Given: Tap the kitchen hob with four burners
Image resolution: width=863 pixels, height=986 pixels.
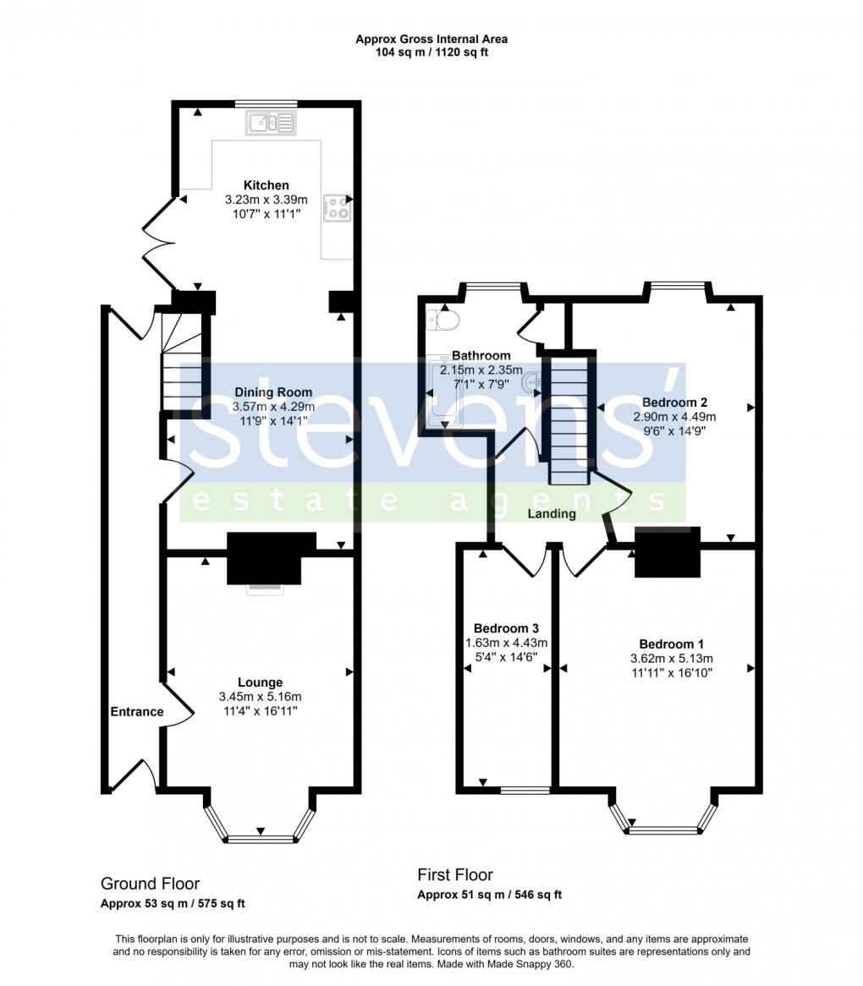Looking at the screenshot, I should click(337, 208).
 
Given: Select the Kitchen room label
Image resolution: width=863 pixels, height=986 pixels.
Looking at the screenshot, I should click(266, 185).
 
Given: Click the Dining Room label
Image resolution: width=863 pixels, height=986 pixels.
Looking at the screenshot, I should click(272, 392).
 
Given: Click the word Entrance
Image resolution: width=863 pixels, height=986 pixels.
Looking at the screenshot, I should click(136, 711).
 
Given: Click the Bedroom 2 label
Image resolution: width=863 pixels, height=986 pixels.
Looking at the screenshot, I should click(674, 402).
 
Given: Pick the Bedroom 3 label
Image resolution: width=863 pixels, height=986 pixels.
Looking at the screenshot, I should click(506, 628).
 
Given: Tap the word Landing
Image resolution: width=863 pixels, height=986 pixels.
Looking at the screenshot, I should click(552, 513).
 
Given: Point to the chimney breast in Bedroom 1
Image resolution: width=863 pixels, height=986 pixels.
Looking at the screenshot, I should click(668, 551).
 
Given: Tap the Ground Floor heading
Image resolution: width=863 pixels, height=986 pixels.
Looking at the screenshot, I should click(150, 884).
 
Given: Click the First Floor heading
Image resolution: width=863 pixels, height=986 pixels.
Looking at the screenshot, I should click(454, 874).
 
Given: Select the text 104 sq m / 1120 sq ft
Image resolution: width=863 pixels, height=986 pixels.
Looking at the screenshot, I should click(431, 52).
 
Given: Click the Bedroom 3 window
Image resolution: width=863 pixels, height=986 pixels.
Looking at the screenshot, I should click(525, 791).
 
